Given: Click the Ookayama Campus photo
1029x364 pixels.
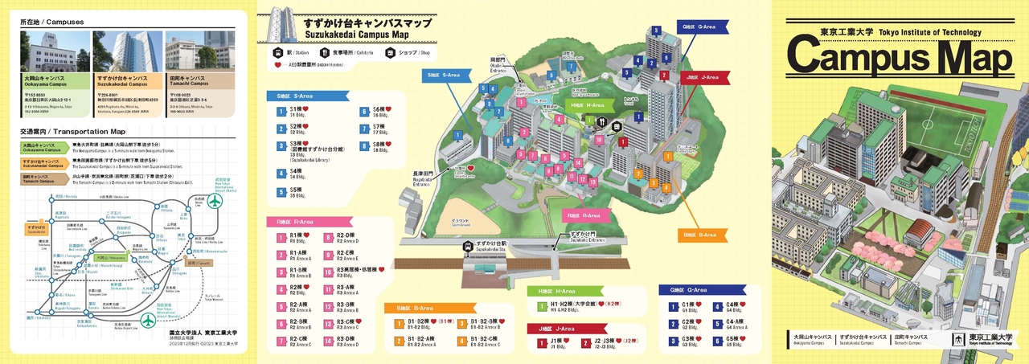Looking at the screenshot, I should tap(54, 51).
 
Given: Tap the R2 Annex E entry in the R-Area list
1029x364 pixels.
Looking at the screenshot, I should tap(346, 255).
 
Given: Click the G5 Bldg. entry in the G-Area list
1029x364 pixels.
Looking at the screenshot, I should tap(734, 340).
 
